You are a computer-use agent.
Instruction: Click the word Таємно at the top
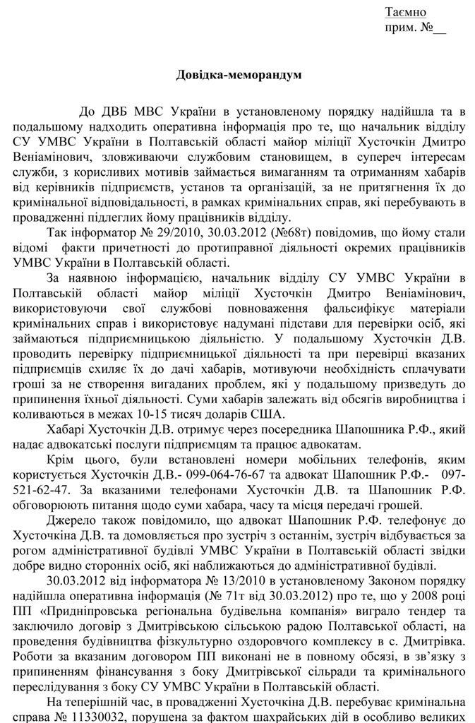coord(405,12)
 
